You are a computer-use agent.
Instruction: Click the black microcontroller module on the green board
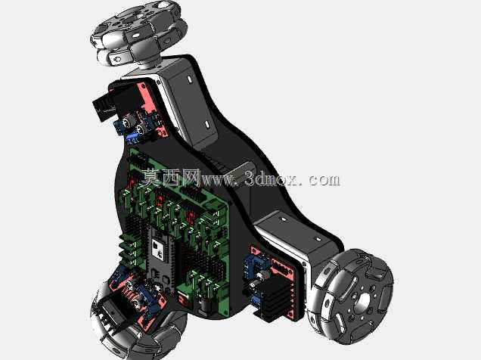pos(162,258)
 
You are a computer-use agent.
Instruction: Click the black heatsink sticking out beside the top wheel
pos(104,107)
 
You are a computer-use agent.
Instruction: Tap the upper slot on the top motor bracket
pos(190,79)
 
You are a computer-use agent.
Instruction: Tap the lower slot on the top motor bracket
pos(206,125)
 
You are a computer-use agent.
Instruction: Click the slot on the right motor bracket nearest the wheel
pos(318,239)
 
